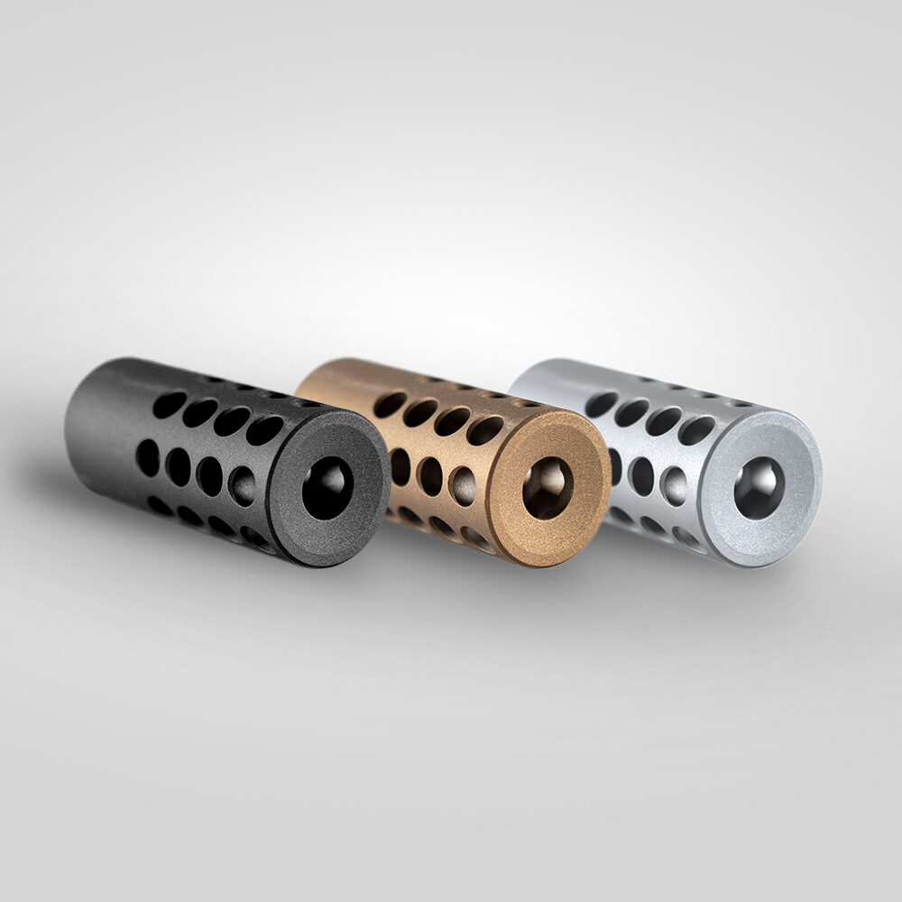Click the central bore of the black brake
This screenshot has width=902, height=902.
coord(326,488)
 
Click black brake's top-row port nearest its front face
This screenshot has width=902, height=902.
coord(263,430)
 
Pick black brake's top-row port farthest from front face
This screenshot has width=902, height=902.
coord(170,405)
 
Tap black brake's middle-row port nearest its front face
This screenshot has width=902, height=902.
coord(242,485)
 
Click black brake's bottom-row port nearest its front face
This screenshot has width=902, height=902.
coord(254,538)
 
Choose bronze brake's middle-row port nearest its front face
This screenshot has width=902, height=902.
coord(463,485)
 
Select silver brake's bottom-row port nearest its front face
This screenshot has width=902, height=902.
coord(686,538)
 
